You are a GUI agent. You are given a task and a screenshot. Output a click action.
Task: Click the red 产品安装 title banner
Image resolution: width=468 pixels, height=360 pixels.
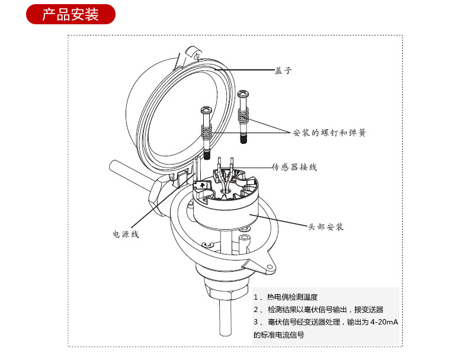(70, 14)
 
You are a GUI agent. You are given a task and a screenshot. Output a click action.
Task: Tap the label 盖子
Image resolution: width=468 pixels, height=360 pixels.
(284, 70)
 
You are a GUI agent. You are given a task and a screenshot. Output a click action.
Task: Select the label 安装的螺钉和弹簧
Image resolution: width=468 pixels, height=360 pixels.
(329, 133)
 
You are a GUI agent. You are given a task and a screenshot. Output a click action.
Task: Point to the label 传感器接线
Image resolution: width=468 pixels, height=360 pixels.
(294, 167)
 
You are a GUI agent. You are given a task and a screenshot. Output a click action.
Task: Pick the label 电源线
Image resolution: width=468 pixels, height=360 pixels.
(126, 234)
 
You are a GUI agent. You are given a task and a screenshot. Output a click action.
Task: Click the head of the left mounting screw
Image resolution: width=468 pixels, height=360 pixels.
(207, 111)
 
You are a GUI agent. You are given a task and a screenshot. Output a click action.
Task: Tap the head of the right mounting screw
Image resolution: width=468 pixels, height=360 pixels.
(243, 95)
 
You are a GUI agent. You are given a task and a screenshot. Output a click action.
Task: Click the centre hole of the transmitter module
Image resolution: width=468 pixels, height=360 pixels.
(226, 191)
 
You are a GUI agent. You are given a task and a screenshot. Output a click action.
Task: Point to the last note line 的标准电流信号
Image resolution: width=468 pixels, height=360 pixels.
(278, 335)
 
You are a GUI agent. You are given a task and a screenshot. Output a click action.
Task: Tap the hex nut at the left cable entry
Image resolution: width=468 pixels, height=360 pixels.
(155, 195)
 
